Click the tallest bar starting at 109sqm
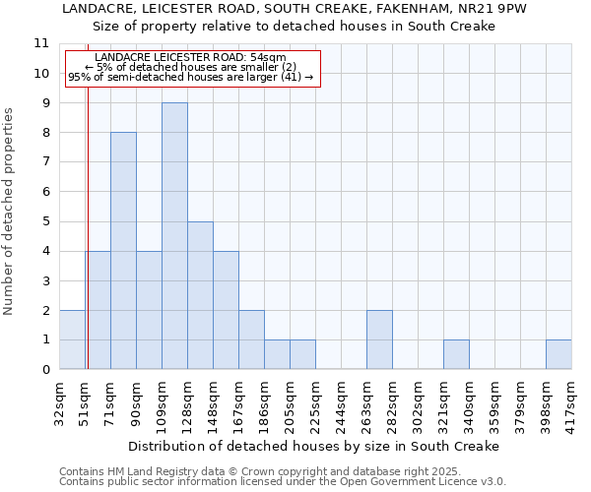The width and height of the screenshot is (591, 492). [174, 236]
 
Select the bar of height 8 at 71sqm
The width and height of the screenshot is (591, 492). [123, 251]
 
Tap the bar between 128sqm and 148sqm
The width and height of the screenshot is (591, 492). [200, 295]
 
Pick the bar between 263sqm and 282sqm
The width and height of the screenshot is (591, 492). [379, 339]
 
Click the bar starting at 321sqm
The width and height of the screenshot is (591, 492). [456, 354]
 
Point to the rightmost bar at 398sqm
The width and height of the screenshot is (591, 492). [558, 354]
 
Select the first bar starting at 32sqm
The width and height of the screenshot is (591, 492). [72, 339]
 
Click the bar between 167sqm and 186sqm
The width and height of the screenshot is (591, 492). [251, 339]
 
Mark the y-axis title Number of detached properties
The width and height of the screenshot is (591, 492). [9, 212]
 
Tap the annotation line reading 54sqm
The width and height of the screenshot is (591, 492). [192, 58]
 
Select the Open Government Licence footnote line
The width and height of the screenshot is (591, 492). [283, 482]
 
